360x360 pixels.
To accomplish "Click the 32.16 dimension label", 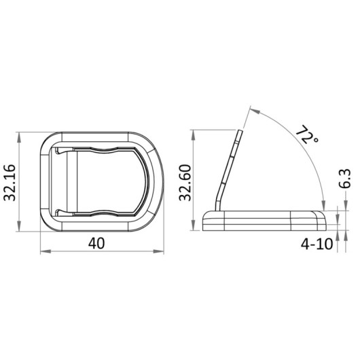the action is [x=10, y=183].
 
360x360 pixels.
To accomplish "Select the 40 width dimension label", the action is [x=96, y=243].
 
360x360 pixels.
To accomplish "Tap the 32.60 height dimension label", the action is [x=185, y=183].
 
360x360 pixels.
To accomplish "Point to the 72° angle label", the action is [x=306, y=135].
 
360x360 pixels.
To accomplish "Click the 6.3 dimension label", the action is [x=345, y=179].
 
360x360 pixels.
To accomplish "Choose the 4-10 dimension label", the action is [x=317, y=244].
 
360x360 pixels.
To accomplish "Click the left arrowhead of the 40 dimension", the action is [x=46, y=251].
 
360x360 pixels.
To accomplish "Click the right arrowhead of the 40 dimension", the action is [x=159, y=251].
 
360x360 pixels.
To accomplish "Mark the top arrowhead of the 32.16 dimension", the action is [x=19, y=138].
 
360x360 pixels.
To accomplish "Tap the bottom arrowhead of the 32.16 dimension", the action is [x=19, y=226].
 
